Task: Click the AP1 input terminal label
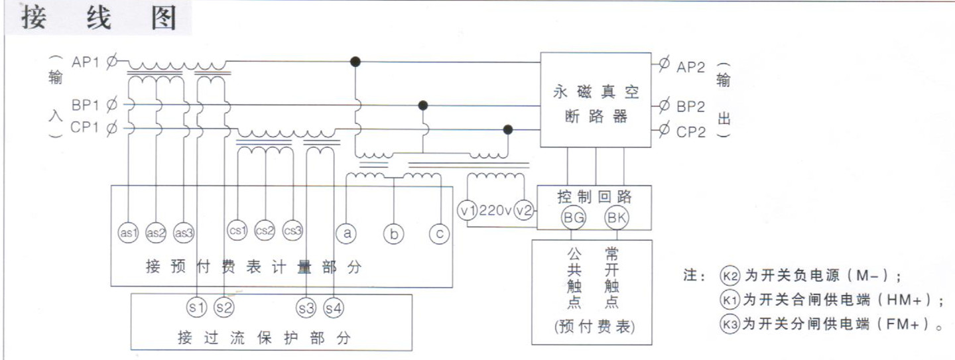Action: click(85, 63)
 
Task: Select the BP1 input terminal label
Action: click(85, 105)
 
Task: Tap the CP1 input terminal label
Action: click(85, 127)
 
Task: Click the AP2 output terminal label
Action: click(691, 66)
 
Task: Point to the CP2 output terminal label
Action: click(691, 131)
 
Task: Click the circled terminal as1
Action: click(128, 233)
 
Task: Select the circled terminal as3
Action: click(183, 233)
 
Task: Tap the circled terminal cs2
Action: click(265, 231)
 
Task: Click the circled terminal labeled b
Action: click(393, 233)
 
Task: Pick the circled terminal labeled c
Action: click(439, 233)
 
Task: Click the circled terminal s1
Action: click(197, 307)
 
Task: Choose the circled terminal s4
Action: click(334, 307)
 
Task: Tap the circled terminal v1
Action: click(468, 210)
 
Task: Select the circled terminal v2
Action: click(524, 210)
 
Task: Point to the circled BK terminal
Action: click(617, 217)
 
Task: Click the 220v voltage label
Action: click(495, 211)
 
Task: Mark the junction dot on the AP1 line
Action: click(355, 62)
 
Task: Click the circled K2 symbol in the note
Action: click(730, 276)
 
